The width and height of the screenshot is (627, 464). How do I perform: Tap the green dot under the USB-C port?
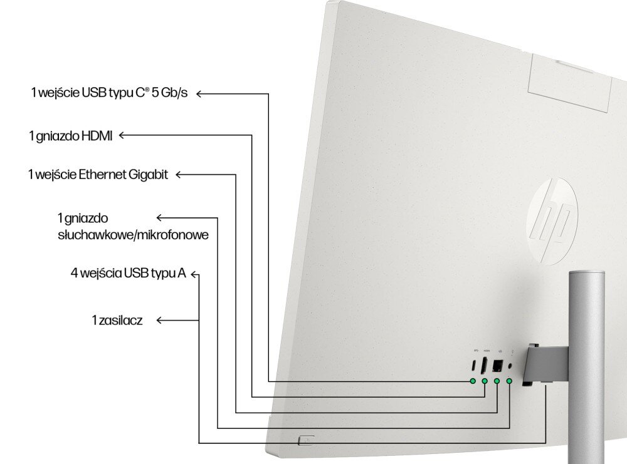tap(473, 381)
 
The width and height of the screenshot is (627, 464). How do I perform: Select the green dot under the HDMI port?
tap(485, 381)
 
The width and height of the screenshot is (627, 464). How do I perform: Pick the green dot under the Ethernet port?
tap(497, 381)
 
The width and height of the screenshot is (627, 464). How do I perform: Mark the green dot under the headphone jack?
tap(509, 381)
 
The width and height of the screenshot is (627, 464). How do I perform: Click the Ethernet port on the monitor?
tap(498, 365)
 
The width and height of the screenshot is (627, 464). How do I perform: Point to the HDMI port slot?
tap(485, 366)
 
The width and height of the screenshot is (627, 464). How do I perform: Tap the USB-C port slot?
tap(473, 366)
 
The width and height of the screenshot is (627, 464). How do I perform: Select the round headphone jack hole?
tap(510, 366)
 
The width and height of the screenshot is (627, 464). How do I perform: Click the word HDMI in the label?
tap(97, 136)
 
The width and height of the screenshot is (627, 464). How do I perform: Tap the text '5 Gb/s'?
tap(169, 94)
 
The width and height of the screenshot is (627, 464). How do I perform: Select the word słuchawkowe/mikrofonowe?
tap(132, 235)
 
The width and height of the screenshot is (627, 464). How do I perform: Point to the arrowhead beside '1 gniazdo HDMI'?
tap(122, 135)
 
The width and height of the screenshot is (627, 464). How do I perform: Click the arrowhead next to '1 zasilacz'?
tap(159, 320)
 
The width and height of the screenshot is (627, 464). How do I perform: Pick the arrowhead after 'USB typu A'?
tap(195, 274)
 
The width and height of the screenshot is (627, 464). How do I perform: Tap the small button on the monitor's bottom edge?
tap(307, 440)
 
